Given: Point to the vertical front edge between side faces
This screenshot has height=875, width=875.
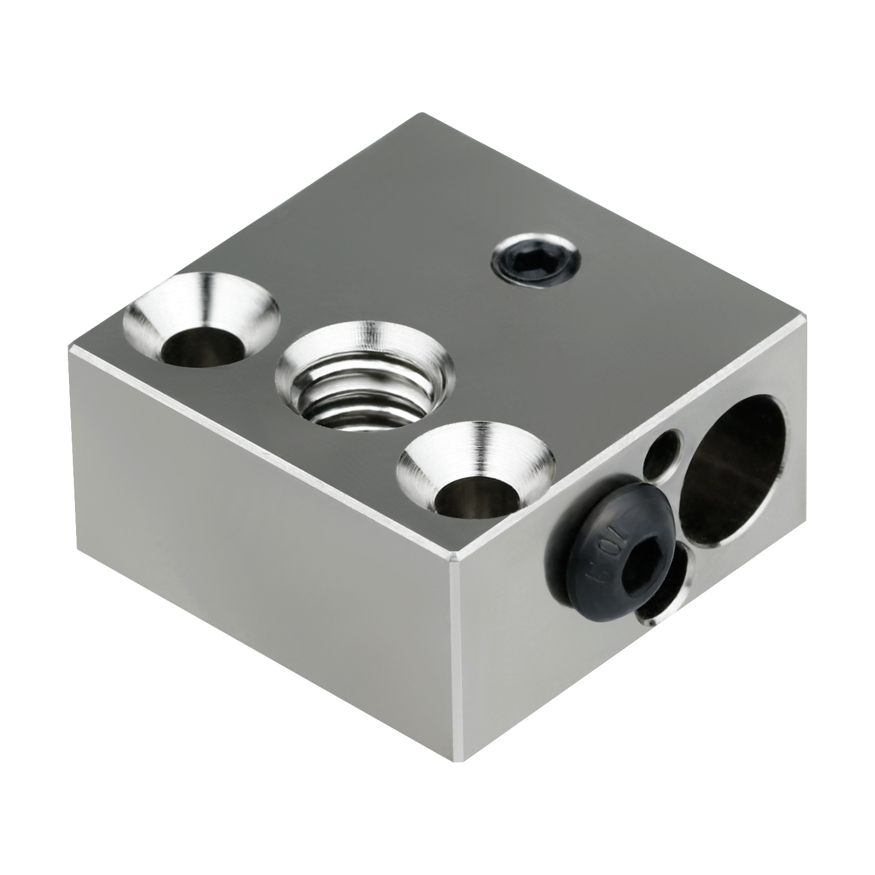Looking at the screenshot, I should click(x=457, y=629).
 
